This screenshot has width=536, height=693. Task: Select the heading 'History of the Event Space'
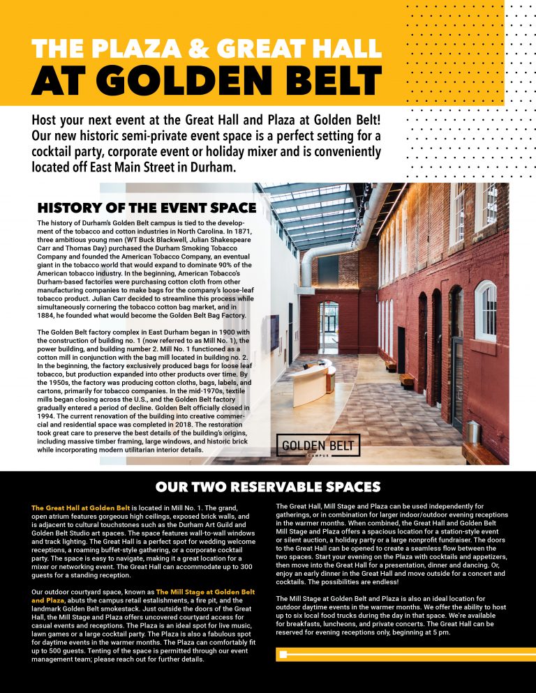[x=147, y=208]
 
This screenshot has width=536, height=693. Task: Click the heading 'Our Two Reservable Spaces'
[x=268, y=487]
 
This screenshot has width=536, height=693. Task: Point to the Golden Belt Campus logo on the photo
[x=318, y=445]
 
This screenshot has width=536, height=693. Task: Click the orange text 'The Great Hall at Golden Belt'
[x=81, y=508]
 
